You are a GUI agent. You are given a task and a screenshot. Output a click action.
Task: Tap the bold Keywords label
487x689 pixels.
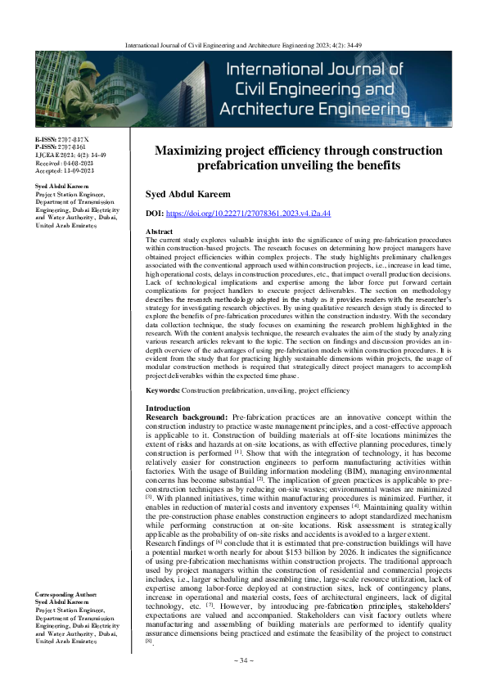click(x=162, y=391)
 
